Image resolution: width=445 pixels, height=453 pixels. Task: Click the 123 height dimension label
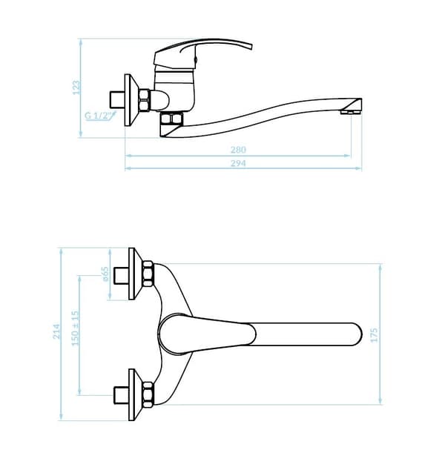tap(76, 87)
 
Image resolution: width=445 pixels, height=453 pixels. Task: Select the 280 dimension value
tap(238, 150)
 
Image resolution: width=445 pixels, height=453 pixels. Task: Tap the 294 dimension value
tap(238, 163)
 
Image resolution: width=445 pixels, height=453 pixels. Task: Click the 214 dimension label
tap(56, 331)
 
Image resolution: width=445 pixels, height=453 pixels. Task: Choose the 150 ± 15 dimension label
tap(75, 328)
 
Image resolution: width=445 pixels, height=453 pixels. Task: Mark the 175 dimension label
tap(374, 335)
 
